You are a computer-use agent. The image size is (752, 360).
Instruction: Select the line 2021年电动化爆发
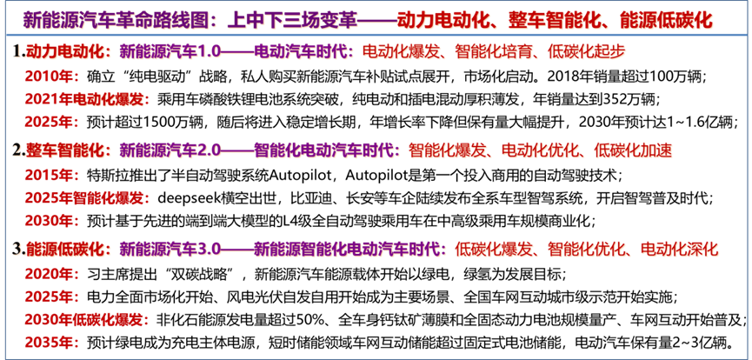87,98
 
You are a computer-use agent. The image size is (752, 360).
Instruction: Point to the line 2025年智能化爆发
87,197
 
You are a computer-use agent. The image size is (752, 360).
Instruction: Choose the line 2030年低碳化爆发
87,319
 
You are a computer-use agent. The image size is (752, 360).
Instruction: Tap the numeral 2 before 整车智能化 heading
17,151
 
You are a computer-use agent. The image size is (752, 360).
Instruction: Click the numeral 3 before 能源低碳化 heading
17,250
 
